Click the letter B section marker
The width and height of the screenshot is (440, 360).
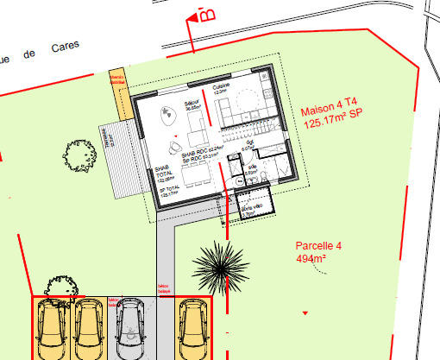(205, 15)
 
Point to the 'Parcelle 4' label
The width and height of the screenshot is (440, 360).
(319, 246)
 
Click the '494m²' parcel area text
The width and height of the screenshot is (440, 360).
(311, 258)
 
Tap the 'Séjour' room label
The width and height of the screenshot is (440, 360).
(192, 104)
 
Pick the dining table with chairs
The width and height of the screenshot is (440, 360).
(192, 172)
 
